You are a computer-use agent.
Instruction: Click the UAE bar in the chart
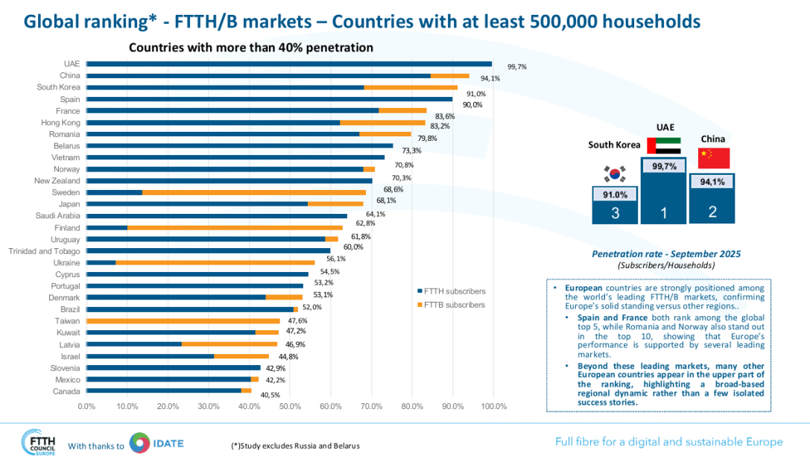(289, 64)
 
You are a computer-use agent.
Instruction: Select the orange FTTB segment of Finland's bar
(235, 227)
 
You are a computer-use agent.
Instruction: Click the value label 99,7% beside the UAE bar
(516, 66)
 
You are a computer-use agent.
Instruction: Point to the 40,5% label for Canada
(270, 395)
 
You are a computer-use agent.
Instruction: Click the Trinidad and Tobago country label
(44, 250)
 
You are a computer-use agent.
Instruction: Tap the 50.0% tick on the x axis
(291, 406)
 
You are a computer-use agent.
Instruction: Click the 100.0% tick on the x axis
(493, 406)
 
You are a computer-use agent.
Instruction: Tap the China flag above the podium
(713, 158)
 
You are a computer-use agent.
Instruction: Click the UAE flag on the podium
(664, 146)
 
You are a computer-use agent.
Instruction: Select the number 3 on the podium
(615, 213)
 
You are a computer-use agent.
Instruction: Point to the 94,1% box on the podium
(712, 181)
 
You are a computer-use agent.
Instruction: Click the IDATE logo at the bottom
(156, 443)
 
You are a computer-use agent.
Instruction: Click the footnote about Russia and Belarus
(295, 446)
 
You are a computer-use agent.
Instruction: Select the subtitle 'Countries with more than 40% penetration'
(251, 48)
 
